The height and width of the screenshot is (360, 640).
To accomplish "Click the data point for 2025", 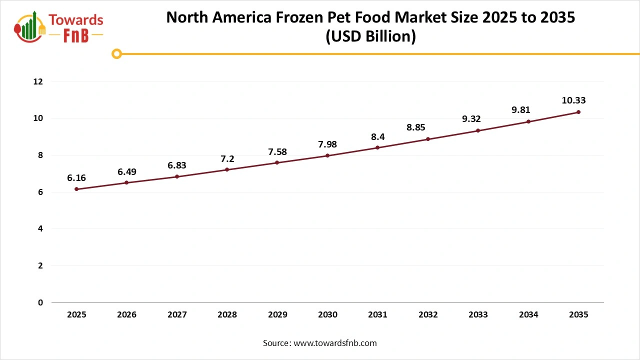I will tap(76, 189).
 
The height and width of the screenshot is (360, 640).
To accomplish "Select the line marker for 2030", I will tap(327, 155).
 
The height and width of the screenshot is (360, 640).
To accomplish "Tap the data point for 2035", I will tap(578, 112).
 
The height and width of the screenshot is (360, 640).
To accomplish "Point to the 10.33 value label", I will tap(573, 100).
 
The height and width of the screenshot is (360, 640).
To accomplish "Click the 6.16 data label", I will tap(76, 177).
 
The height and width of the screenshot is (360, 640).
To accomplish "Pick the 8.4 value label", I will tap(377, 136).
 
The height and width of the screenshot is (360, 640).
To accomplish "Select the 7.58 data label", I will tap(277, 151).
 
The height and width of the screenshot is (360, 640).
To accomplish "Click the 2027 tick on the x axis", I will tap(177, 315).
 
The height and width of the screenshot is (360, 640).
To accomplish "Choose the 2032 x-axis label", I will tap(428, 315).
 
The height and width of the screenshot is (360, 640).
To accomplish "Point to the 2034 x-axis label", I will tap(528, 315).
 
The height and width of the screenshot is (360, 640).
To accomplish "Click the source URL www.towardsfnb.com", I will tap(334, 343).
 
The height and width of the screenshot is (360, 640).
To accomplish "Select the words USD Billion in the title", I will tap(370, 36).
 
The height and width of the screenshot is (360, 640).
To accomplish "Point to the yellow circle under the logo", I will tap(116, 53).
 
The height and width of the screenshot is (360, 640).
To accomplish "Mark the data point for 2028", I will tap(227, 169).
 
